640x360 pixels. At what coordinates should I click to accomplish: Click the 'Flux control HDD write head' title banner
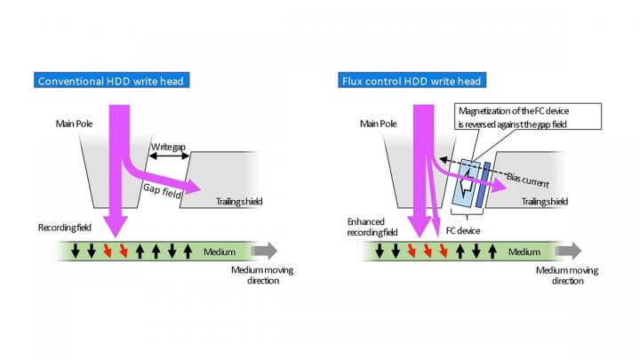pos(411,82)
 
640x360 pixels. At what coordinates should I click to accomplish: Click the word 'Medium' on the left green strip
pos(219,252)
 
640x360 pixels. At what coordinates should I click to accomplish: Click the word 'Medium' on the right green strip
pos(524,252)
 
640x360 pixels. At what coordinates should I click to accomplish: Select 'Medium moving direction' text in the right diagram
pos(560,275)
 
